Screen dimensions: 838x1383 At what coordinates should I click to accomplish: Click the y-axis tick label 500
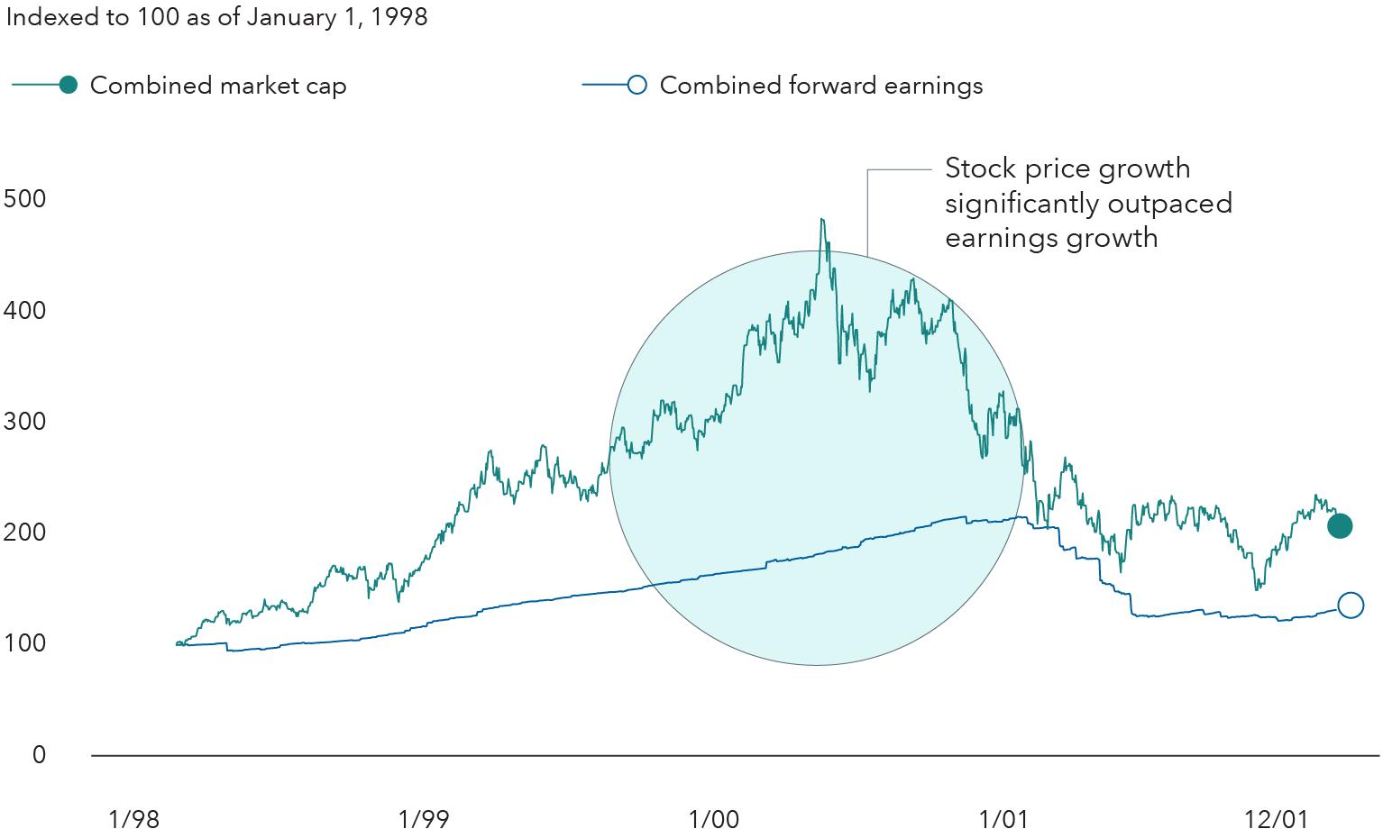coord(25,199)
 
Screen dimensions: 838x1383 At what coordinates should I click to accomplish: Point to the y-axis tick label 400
coord(25,311)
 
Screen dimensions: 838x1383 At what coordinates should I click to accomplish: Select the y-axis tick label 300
coord(25,422)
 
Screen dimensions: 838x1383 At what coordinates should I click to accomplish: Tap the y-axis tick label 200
coord(25,533)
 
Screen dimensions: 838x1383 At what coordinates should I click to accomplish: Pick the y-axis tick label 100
coord(25,643)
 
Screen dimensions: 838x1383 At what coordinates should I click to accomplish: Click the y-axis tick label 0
coord(39,755)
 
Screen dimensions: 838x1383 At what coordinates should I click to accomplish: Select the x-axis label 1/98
coord(133,819)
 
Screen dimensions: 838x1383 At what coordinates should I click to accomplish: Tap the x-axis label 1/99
coord(424,819)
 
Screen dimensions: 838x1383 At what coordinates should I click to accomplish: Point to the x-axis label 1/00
coord(714,819)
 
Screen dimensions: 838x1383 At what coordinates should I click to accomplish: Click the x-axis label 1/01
coord(1003,819)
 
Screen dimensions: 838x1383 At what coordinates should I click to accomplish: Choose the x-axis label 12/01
coord(1276,819)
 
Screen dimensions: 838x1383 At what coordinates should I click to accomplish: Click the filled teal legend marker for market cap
coord(69,86)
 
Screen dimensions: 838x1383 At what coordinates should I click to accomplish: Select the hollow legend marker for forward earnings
coord(637,86)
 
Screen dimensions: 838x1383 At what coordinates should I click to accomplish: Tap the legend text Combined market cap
coord(218,86)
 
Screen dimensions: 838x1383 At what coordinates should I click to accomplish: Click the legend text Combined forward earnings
coord(821,86)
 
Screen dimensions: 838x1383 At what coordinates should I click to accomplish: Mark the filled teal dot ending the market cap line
coord(1340,526)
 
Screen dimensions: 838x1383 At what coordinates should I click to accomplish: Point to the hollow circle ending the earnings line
coord(1351,606)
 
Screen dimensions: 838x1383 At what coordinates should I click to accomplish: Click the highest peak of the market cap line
coord(821,220)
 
